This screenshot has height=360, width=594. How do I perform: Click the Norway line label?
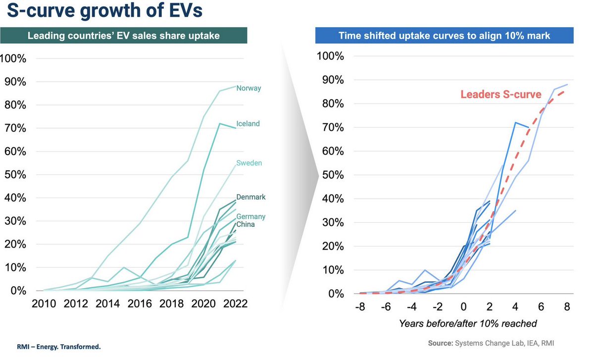pos(248,88)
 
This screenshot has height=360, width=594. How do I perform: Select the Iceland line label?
pos(248,124)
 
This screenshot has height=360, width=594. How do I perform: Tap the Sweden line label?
pos(249,163)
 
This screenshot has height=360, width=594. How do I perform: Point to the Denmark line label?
pos(250,197)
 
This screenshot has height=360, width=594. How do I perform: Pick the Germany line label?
pos(250,216)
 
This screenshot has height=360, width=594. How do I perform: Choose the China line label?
pos(246,224)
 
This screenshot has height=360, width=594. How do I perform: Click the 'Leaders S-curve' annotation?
pos(501,94)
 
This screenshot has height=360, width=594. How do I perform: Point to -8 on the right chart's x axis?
pos(359,307)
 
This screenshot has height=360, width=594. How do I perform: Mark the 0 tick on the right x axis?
pos(463,307)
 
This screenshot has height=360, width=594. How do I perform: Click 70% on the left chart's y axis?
pos(17,128)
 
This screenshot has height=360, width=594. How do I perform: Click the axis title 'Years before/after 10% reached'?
pos(468,324)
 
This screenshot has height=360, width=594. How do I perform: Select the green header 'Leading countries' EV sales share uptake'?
pos(123,36)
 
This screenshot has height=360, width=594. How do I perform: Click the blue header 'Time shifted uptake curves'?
pos(444,36)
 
